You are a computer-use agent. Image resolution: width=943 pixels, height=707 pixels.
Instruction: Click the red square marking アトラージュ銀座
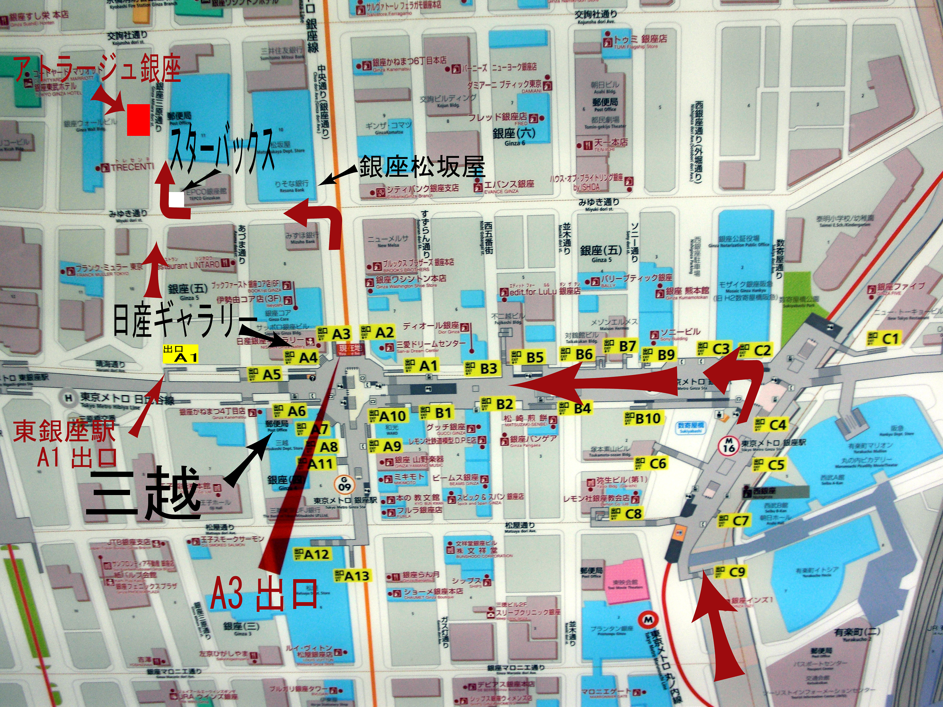[x=139, y=120]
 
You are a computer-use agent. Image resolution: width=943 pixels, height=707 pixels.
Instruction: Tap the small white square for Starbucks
[x=177, y=199]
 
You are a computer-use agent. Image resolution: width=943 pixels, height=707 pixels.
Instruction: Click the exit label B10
[x=643, y=419]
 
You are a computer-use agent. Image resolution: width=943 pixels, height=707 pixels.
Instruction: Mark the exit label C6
[x=651, y=463]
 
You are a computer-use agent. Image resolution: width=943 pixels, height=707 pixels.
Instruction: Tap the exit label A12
[x=312, y=554]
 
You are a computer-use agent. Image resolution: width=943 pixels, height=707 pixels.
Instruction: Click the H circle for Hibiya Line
[x=68, y=398]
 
